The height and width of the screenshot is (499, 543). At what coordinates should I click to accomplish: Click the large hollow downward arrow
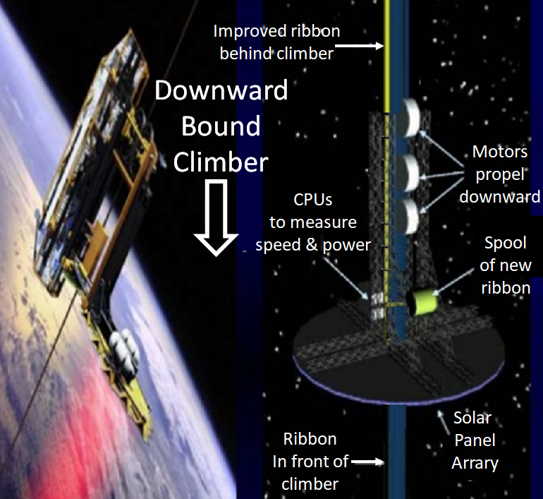click(216, 217)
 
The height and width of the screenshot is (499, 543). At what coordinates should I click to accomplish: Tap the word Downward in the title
click(221, 90)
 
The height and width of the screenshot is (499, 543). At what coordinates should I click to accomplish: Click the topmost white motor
click(408, 117)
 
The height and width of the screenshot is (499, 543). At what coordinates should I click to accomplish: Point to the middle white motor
click(408, 173)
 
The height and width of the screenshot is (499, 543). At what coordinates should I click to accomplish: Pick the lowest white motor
click(408, 217)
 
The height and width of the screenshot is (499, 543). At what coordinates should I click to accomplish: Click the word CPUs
click(312, 200)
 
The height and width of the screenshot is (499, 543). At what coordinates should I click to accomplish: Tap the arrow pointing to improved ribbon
click(359, 46)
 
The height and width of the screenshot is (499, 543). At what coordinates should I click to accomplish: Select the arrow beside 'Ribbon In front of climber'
click(367, 462)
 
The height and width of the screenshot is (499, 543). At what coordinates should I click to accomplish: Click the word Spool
click(505, 244)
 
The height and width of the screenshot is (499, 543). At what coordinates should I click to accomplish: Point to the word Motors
click(500, 152)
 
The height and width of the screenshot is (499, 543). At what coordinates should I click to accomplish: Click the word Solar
click(472, 418)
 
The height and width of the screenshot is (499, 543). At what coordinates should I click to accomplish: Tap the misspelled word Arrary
click(475, 463)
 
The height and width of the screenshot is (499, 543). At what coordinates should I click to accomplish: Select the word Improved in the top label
click(246, 32)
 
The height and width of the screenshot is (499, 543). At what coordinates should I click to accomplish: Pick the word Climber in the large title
click(221, 162)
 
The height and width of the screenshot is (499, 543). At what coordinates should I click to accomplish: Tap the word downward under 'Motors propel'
click(499, 197)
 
